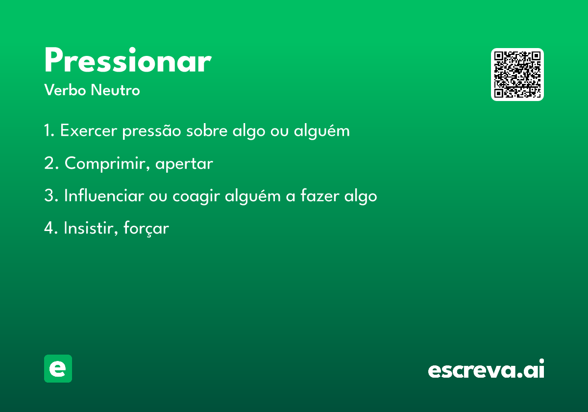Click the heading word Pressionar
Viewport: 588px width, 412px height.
pyautogui.click(x=128, y=60)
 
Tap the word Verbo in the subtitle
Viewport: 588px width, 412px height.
pyautogui.click(x=65, y=90)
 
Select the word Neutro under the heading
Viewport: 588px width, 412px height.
pyautogui.click(x=115, y=90)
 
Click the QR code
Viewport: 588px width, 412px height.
pyautogui.click(x=517, y=75)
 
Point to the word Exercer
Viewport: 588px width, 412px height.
pyautogui.click(x=89, y=130)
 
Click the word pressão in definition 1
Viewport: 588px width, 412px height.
pyautogui.click(x=152, y=131)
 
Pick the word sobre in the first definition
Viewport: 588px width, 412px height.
pyautogui.click(x=207, y=130)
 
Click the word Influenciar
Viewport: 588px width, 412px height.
pyautogui.click(x=104, y=196)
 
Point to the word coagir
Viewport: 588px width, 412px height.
pyautogui.click(x=196, y=196)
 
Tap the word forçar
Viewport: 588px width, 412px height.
pyautogui.click(x=146, y=229)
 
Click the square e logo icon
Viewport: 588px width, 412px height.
pyautogui.click(x=58, y=368)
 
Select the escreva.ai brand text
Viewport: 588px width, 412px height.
pyautogui.click(x=486, y=368)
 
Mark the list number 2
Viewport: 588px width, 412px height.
pyautogui.click(x=51, y=163)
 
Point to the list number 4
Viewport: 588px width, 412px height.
pyautogui.click(x=51, y=228)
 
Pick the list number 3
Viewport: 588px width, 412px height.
pyautogui.click(x=51, y=196)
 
